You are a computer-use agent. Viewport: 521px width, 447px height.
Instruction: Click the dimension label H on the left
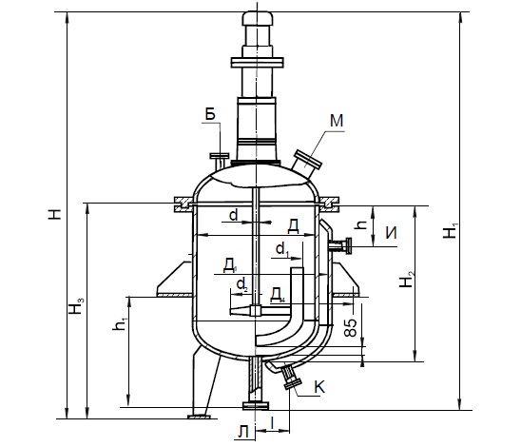[55, 214]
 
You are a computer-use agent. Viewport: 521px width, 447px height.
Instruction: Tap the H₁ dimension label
[451, 230]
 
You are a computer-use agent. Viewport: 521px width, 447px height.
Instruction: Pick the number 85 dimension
[351, 327]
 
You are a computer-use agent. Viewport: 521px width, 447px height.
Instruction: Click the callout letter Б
[210, 114]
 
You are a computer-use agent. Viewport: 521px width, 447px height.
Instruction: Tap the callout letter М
[337, 121]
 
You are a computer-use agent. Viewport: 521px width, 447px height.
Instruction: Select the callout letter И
[391, 233]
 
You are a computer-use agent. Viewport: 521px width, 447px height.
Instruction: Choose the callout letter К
[319, 387]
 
